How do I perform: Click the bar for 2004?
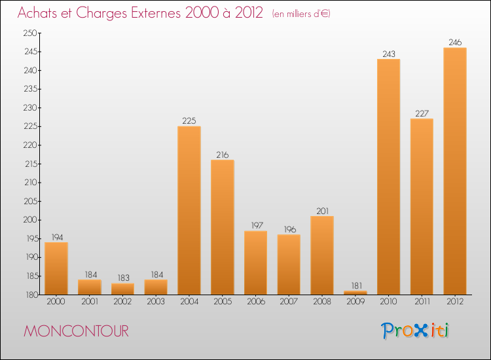[189, 210]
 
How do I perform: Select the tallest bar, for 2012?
[455, 171]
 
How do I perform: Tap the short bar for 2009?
[355, 293]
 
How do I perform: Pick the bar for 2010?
[389, 177]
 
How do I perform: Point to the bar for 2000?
[56, 268]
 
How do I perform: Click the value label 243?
[389, 54]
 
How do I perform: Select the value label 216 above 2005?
[223, 155]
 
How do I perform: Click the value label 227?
[422, 114]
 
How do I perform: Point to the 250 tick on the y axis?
[31, 33]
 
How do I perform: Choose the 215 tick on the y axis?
[31, 164]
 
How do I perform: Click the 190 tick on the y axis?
[31, 257]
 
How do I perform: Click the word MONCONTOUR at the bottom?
[76, 331]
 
